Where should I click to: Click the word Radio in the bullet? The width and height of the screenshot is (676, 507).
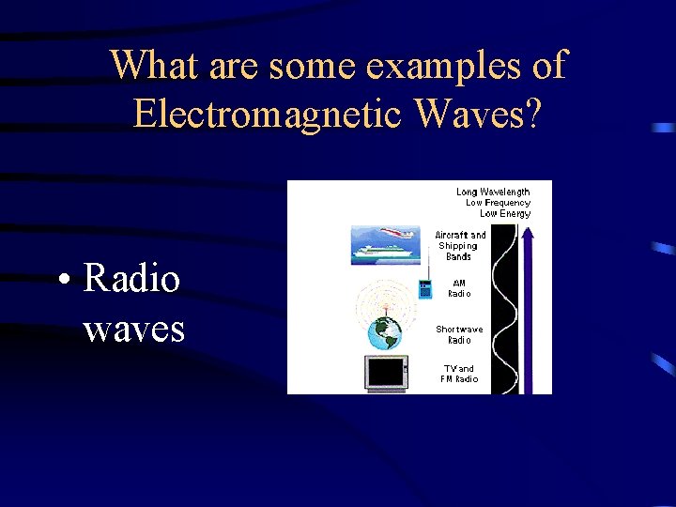[131, 278]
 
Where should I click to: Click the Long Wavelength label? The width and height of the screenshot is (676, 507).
[493, 192]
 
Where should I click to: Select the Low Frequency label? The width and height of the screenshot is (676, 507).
[498, 202]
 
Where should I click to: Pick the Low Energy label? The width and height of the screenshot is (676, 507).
[504, 213]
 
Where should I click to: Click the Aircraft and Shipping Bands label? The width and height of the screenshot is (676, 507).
[460, 246]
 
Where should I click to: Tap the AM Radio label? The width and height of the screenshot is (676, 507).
[459, 288]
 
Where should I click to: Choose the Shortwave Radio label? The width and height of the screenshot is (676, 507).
[459, 334]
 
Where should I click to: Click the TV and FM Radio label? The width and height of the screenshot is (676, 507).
[459, 374]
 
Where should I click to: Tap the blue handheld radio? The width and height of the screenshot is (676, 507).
[424, 288]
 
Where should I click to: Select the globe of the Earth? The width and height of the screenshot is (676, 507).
[385, 332]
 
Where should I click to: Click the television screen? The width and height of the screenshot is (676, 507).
[386, 373]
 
